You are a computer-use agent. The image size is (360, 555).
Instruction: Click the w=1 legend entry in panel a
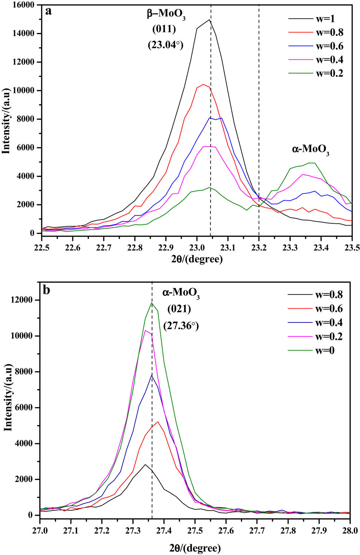(325, 19)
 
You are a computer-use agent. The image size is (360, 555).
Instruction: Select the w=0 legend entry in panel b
(325, 350)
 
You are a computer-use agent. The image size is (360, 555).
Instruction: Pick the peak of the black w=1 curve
(209, 20)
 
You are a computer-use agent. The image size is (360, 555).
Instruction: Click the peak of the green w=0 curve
(152, 303)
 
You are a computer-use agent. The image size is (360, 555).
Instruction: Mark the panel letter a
(48, 11)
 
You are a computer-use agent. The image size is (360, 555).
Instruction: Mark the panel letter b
(47, 290)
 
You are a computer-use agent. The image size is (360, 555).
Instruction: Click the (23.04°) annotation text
(166, 45)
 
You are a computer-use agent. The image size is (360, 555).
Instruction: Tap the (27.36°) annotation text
(181, 326)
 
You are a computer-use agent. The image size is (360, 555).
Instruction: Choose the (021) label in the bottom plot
(179, 309)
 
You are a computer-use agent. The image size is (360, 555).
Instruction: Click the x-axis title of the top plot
(197, 259)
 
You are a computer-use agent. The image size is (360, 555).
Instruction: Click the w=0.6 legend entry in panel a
(329, 46)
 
